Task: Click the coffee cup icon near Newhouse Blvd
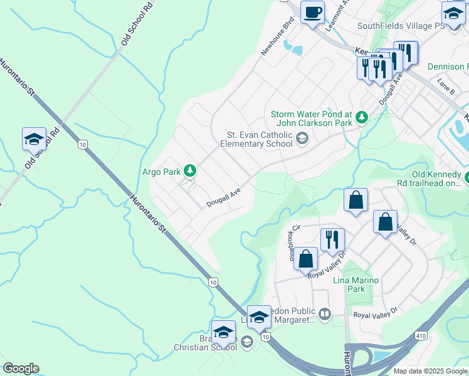(x=312, y=12)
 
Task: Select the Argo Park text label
(x=162, y=171)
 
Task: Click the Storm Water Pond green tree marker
(x=361, y=117)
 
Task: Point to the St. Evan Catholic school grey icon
(x=302, y=139)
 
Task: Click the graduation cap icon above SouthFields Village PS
(x=454, y=12)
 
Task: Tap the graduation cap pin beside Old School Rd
(x=34, y=139)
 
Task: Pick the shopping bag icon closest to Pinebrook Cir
(x=306, y=259)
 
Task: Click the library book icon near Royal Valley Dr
(x=325, y=314)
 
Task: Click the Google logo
(x=21, y=368)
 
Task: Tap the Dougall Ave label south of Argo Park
(x=224, y=199)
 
